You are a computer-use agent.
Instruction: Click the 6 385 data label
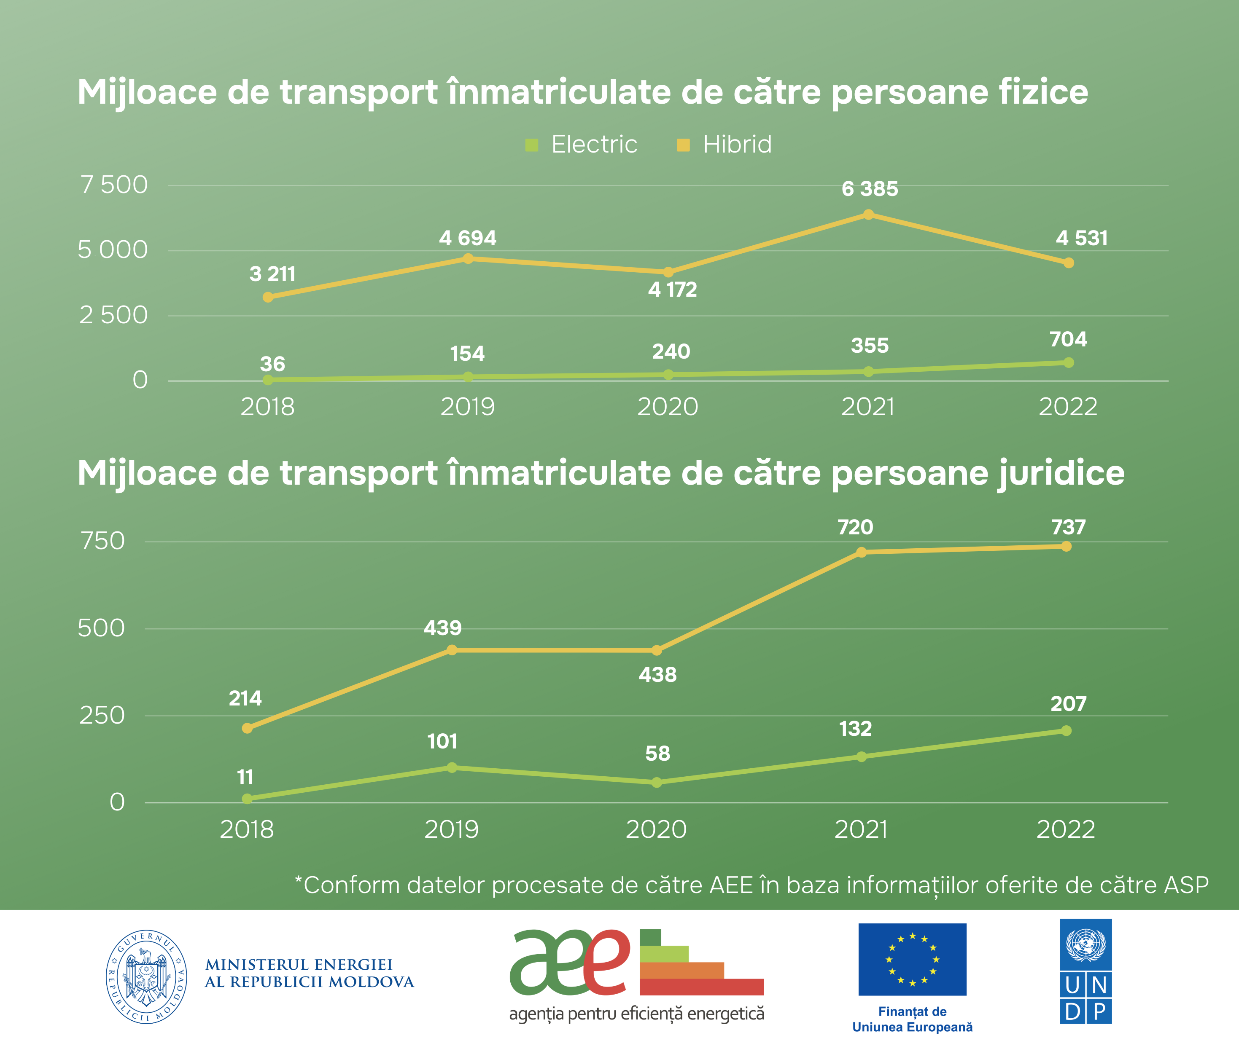click(x=870, y=189)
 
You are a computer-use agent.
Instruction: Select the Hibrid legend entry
click(x=724, y=145)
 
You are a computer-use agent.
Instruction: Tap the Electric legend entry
click(x=581, y=145)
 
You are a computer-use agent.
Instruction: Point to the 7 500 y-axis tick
click(x=114, y=185)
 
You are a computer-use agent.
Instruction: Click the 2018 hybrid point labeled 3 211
click(x=268, y=297)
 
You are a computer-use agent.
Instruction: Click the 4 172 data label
click(x=672, y=290)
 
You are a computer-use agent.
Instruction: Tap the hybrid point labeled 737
click(x=1066, y=547)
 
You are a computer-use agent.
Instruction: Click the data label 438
click(x=657, y=675)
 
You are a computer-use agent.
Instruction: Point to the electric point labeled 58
click(x=657, y=783)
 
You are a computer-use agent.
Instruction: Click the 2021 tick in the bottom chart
click(x=861, y=830)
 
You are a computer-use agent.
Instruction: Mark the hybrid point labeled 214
click(x=247, y=728)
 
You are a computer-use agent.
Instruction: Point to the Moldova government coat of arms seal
click(x=146, y=976)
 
